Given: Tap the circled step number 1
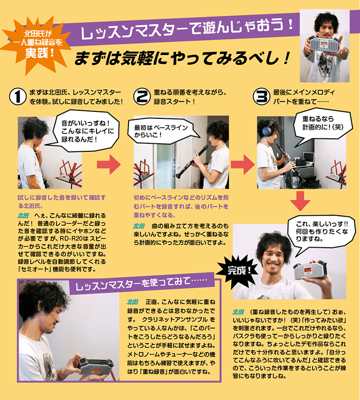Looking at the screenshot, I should (18, 97).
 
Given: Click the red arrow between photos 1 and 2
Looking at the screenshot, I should (108, 163).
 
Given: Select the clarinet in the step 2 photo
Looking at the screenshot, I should (188, 155).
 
